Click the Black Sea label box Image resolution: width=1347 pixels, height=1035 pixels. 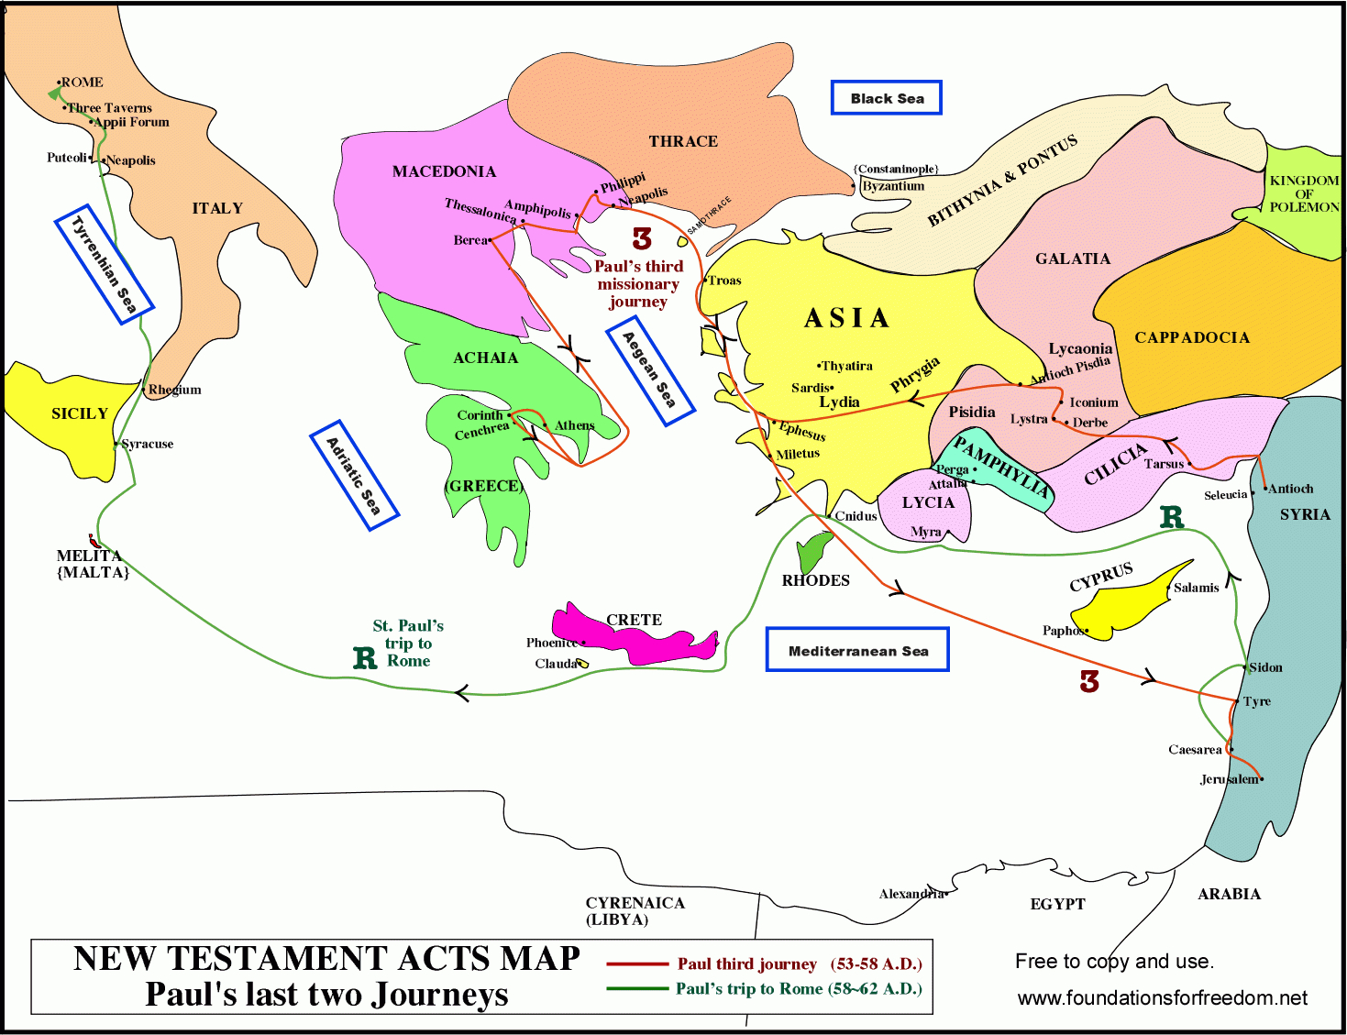coord(886,98)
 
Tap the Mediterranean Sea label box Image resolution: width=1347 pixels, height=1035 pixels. coord(857,650)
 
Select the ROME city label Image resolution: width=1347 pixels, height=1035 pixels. coord(83,83)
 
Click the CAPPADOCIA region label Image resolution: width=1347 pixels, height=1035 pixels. coord(1192,337)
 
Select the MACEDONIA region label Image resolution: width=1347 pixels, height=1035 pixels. coord(444,171)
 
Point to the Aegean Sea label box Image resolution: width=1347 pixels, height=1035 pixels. coord(650,369)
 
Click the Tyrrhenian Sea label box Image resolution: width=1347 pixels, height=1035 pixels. coord(104,264)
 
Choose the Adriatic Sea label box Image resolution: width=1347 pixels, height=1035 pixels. coord(354,475)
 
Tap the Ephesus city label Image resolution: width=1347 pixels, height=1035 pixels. coord(802,430)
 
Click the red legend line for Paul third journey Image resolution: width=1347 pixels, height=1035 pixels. coord(636,964)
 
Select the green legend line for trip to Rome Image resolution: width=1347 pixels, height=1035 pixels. coord(636,988)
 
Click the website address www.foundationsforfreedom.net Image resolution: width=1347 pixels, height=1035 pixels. coord(1162,997)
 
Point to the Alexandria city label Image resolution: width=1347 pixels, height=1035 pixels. coord(911,894)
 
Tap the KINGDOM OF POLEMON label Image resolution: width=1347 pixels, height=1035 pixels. coord(1304,193)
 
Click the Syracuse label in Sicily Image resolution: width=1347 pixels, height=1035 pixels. coord(148,444)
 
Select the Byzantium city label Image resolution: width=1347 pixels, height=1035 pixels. coord(893,186)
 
